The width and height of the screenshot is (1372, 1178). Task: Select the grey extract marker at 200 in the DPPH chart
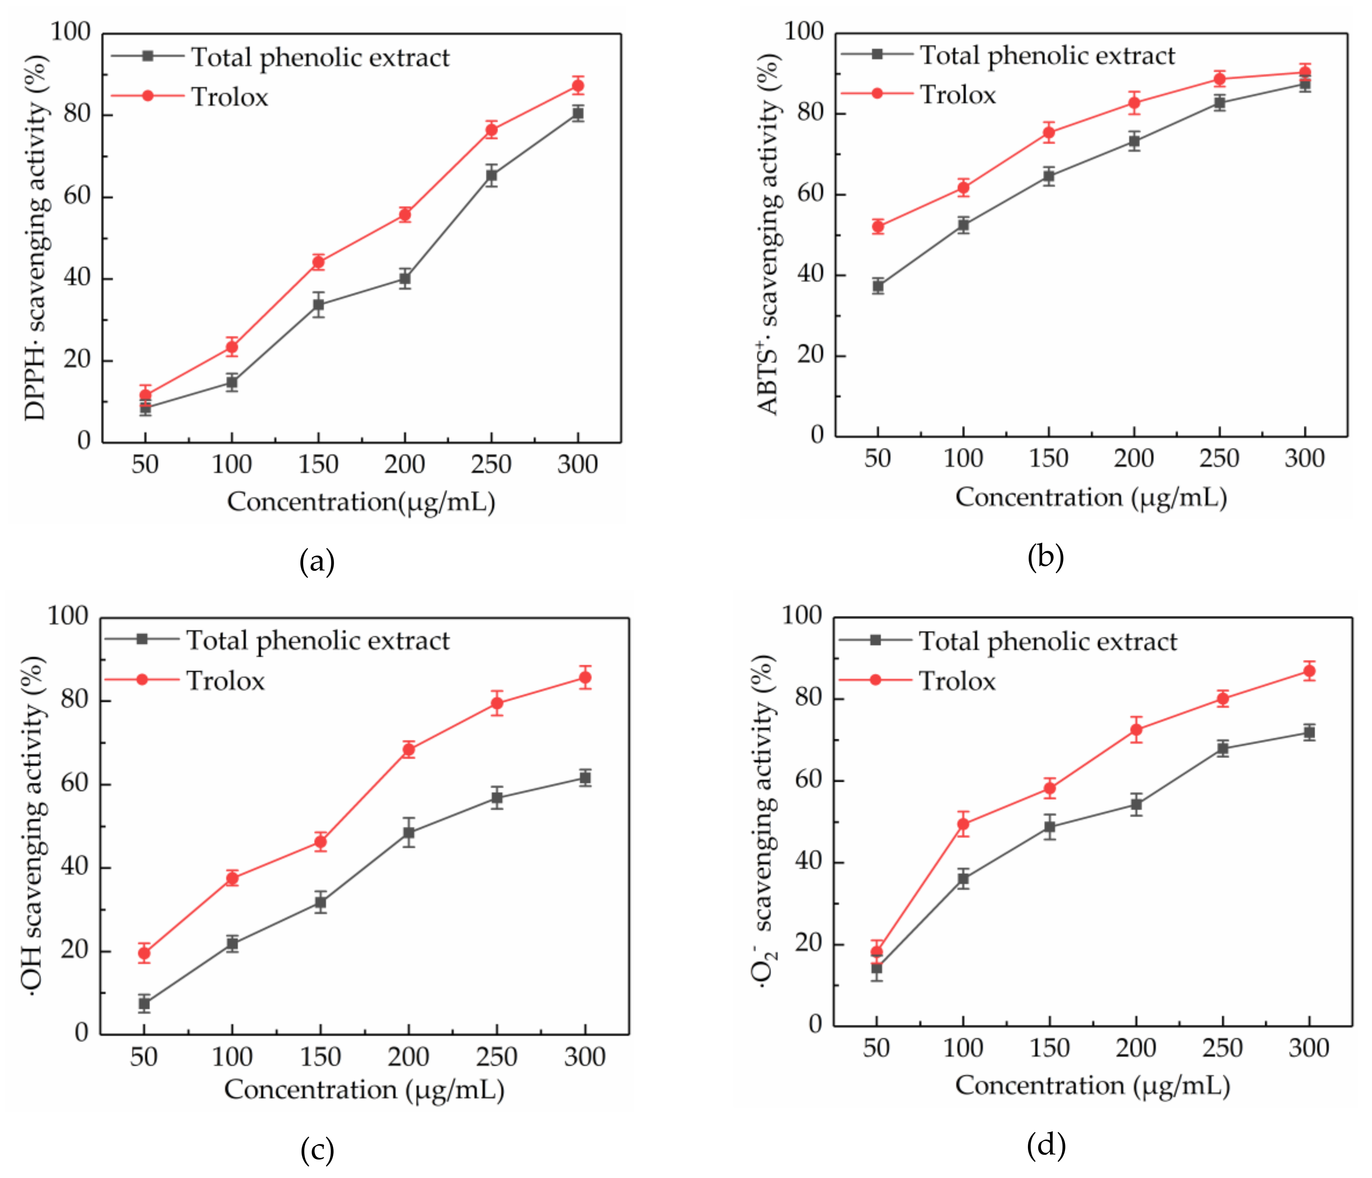(405, 279)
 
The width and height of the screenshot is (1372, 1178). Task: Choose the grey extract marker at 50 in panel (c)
(144, 1003)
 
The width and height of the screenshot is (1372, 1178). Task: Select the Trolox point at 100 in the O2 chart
(963, 824)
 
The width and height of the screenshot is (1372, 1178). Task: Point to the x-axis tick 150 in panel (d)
(1050, 1048)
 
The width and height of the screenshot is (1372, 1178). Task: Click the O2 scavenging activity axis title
(765, 821)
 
